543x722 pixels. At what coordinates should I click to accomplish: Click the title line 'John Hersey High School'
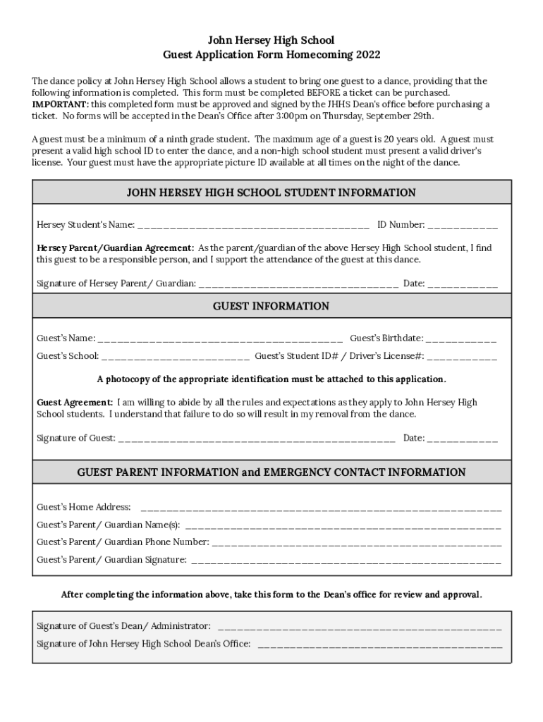(271, 40)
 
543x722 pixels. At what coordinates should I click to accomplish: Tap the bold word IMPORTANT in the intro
(60, 104)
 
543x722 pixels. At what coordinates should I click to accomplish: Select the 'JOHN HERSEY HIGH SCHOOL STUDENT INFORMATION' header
(271, 192)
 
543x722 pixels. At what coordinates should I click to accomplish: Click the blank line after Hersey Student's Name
(253, 226)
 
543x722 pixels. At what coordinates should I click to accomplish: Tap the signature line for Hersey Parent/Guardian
(298, 284)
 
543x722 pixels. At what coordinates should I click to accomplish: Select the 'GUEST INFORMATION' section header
(271, 306)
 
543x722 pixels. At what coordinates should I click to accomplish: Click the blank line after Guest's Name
(221, 338)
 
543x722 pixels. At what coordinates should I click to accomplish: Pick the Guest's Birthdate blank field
(461, 338)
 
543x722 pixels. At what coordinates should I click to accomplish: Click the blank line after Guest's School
(176, 357)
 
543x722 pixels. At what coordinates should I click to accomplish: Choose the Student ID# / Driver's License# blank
(462, 357)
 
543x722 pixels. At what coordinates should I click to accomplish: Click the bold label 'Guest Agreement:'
(75, 403)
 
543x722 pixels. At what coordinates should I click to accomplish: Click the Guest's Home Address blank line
(321, 508)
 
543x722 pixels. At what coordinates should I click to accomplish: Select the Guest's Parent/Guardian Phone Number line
(357, 542)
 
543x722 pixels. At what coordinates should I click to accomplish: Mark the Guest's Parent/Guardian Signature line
(346, 561)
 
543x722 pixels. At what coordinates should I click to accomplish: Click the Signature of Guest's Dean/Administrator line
(360, 626)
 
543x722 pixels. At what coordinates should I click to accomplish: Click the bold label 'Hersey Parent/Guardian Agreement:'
(115, 248)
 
